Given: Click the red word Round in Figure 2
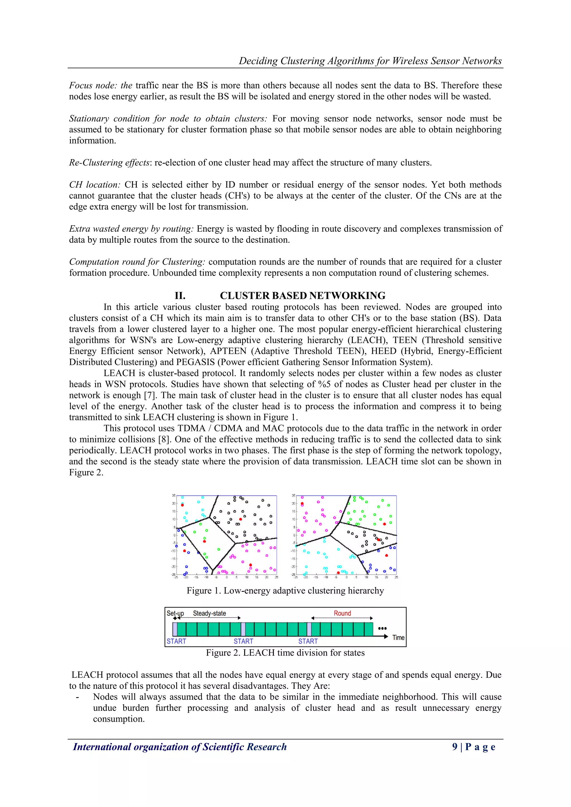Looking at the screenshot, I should (x=342, y=613).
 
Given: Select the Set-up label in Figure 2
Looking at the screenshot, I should (x=175, y=613).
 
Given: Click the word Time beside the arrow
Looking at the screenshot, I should (x=398, y=637).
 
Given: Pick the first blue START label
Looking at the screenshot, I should (x=176, y=641).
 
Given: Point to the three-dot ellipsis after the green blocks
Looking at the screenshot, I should (x=382, y=628).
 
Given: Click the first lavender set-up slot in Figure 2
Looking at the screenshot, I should (x=175, y=629).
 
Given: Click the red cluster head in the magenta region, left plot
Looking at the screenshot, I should (x=250, y=565).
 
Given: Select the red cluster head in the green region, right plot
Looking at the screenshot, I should (x=384, y=524).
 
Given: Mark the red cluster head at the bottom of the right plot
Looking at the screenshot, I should (x=338, y=573).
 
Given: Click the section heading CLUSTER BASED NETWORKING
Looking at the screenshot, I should (x=303, y=295).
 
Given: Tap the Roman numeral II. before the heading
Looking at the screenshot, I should (x=180, y=295).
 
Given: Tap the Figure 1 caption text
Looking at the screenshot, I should (x=285, y=590).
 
